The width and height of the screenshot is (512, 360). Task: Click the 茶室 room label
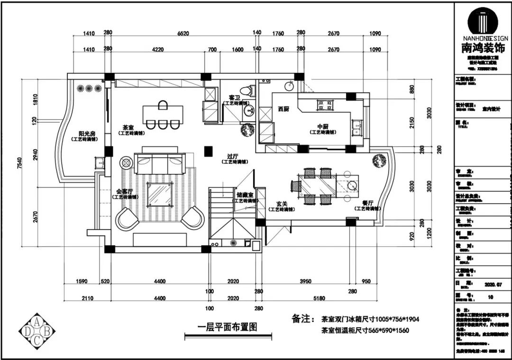point(128,128)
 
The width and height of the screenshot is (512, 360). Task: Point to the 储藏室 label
point(245,195)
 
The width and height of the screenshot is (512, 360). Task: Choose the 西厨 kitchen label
point(283,108)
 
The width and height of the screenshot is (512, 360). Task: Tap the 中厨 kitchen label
point(323,126)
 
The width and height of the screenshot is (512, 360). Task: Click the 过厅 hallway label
point(232,156)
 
